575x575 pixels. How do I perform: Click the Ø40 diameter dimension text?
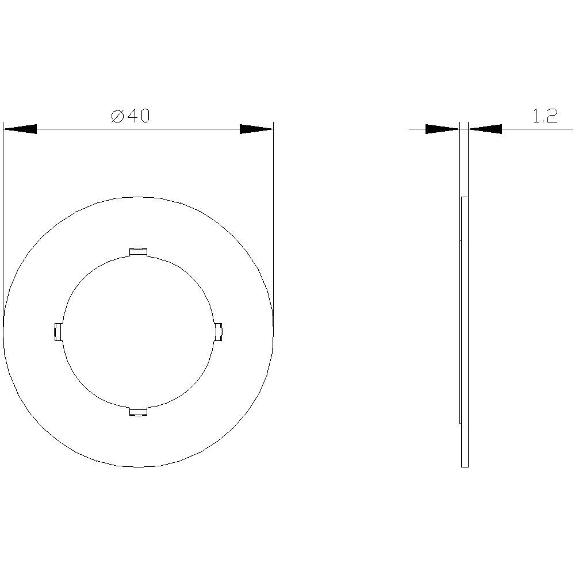click(x=131, y=116)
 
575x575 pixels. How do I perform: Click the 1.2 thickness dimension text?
click(x=545, y=117)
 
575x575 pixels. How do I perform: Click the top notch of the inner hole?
click(x=138, y=252)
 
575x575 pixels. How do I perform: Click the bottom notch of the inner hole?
click(x=138, y=411)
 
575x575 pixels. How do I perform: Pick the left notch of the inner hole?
click(x=57, y=332)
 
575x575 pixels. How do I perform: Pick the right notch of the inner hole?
click(x=218, y=332)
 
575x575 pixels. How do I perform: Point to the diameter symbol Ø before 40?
click(x=117, y=116)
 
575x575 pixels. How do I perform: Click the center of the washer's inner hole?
click(x=138, y=332)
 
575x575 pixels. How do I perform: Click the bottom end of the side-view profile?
click(x=465, y=466)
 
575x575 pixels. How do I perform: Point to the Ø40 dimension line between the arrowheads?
click(x=138, y=129)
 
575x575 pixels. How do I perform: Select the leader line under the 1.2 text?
click(x=538, y=129)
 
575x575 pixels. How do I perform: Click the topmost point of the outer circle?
click(x=138, y=197)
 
